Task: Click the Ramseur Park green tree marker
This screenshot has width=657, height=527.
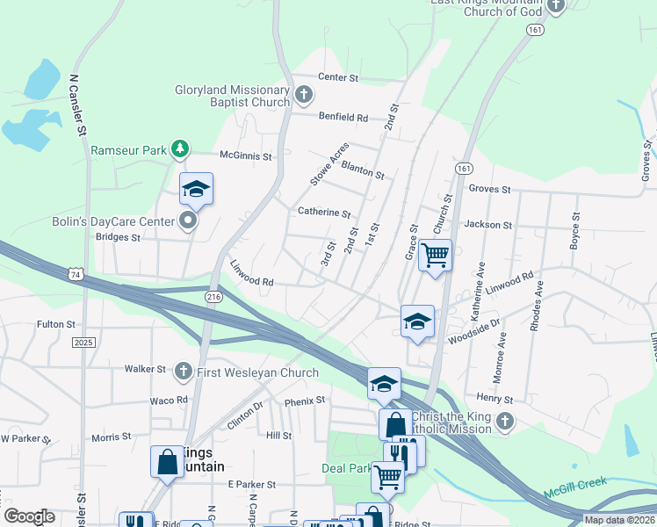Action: (180, 148)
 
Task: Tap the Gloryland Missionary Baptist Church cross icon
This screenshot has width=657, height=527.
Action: (303, 94)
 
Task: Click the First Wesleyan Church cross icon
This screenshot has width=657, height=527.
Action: (184, 372)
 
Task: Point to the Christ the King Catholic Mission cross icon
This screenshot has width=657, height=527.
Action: (504, 422)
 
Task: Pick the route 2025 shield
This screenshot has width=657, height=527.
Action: (83, 342)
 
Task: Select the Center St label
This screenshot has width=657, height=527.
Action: (339, 78)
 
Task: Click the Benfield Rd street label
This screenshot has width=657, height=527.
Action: (343, 117)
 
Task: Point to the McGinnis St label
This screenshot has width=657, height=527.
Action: (246, 155)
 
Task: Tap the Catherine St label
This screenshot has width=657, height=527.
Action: (324, 213)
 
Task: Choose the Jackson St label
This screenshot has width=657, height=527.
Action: (487, 225)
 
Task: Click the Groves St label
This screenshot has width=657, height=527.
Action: (490, 189)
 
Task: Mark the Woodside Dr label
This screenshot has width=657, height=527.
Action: (473, 337)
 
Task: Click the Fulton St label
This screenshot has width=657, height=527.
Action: (56, 324)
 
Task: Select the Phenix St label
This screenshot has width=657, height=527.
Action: (305, 401)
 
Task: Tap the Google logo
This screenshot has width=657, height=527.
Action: (29, 516)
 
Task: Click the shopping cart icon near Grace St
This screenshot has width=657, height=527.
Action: (435, 256)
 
